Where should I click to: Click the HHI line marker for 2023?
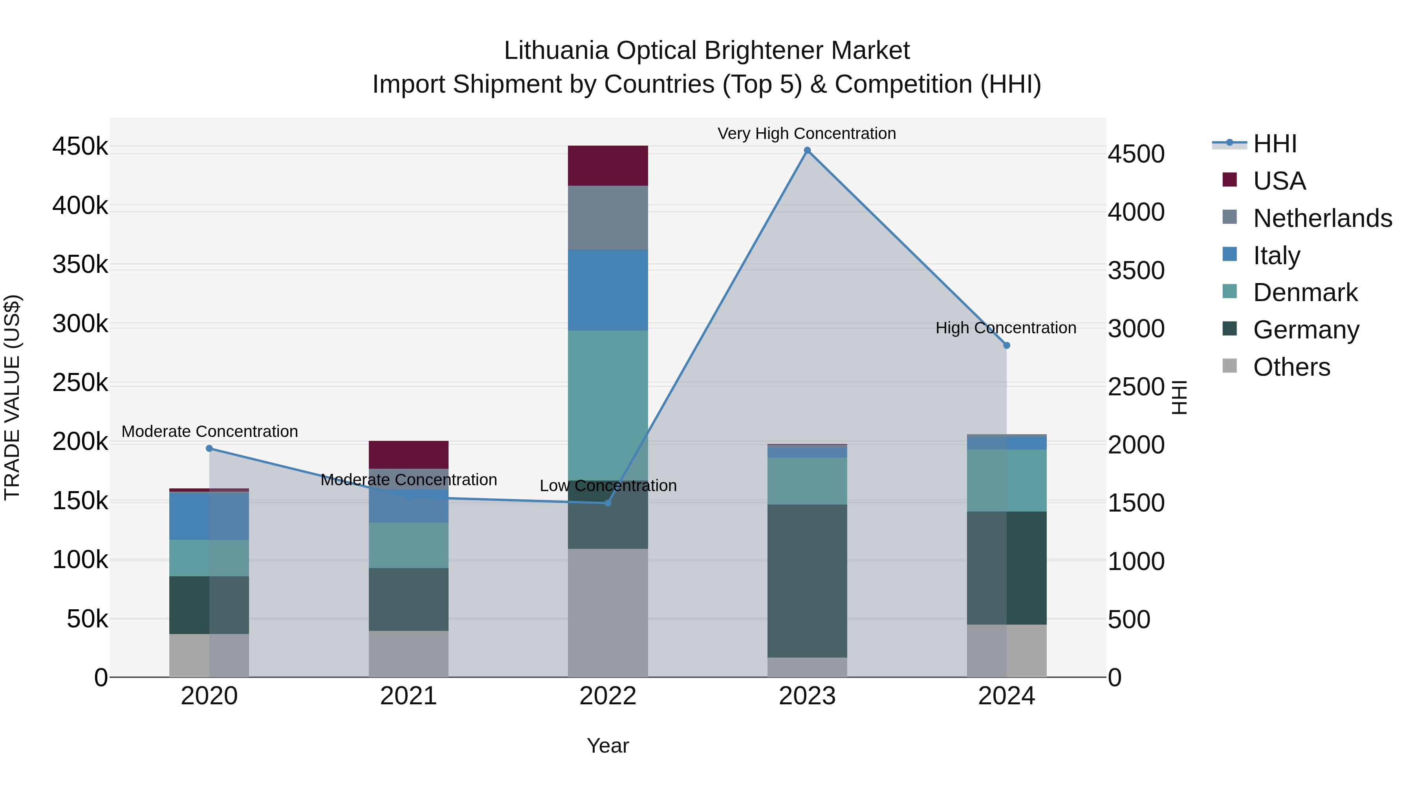point(807,150)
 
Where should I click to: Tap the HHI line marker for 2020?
point(209,448)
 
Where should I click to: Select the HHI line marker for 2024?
point(1007,345)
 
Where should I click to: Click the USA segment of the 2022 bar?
point(608,166)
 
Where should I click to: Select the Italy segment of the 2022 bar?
point(608,290)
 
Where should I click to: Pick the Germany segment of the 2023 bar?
point(807,581)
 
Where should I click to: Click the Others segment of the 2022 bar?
point(608,612)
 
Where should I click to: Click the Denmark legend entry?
point(1305,292)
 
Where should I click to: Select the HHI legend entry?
point(1275,144)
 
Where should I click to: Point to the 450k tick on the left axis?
point(80,147)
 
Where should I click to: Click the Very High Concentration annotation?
point(806,133)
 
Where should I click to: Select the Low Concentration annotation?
point(608,486)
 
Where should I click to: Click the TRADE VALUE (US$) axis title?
point(12,397)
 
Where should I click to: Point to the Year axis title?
point(608,746)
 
